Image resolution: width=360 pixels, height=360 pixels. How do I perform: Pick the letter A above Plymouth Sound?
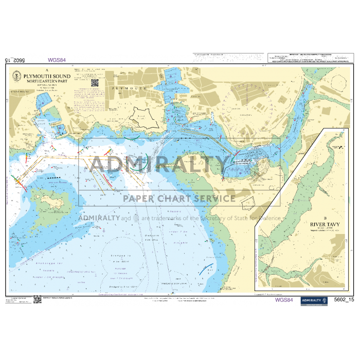[x=47, y=69]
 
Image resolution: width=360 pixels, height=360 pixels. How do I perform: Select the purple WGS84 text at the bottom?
[x=284, y=300]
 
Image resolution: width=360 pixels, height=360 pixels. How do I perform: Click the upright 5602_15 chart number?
[x=344, y=300]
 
